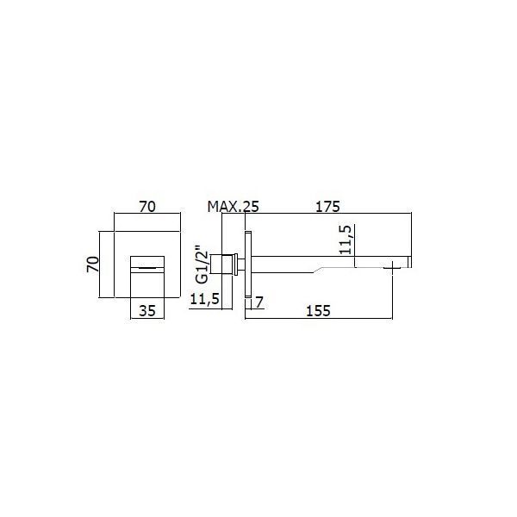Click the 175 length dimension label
[327, 207]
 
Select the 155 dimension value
[318, 311]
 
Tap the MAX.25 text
[234, 207]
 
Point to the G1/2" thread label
[202, 265]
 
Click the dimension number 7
[260, 302]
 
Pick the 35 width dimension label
[147, 310]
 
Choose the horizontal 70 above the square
[147, 207]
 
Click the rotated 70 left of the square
[93, 265]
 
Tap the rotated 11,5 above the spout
[346, 240]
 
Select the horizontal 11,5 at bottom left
[205, 299]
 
